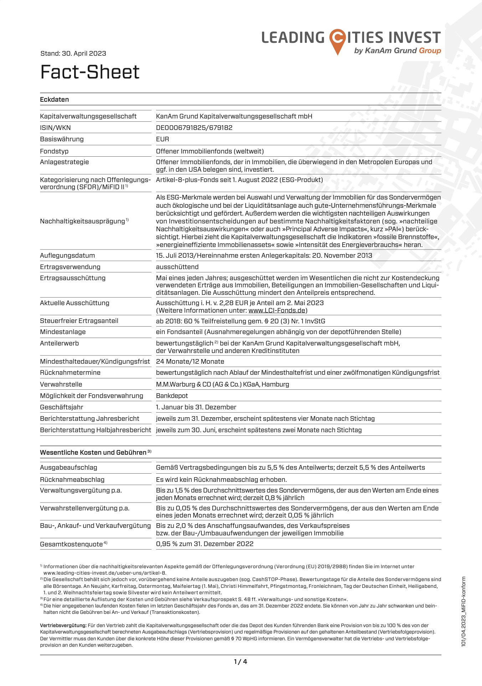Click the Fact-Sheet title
[90, 72]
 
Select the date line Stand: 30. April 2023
[73, 54]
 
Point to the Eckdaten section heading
[55, 100]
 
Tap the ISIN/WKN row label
[55, 128]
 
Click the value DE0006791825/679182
[194, 128]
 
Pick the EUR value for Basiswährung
[163, 139]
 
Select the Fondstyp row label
[54, 151]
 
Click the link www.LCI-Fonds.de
[277, 311]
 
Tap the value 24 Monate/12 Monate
[190, 362]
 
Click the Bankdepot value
[172, 396]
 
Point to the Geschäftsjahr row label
[62, 407]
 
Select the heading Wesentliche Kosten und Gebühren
[93, 453]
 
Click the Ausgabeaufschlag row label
[68, 468]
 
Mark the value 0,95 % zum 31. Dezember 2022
[205, 544]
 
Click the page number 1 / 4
[241, 662]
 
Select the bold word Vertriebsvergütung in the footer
[63, 625]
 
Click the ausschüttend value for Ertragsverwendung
[177, 267]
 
